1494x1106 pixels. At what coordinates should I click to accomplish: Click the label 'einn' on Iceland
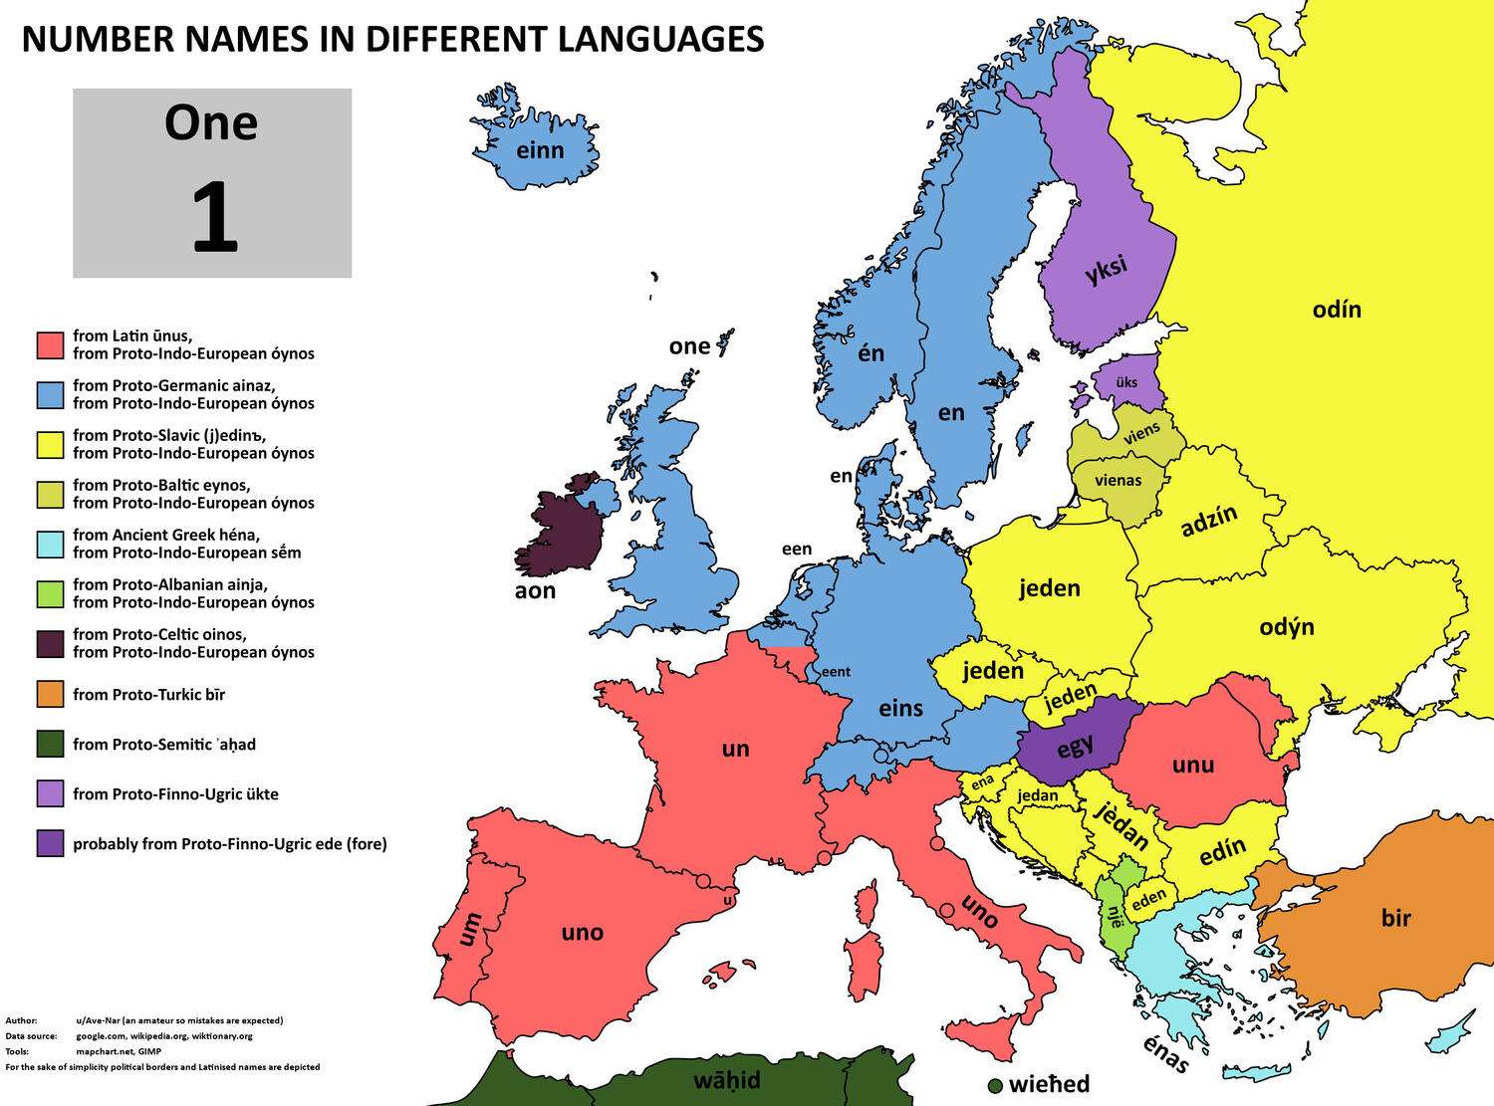pyautogui.click(x=540, y=150)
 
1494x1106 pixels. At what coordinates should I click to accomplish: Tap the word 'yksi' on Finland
pyautogui.click(x=1107, y=269)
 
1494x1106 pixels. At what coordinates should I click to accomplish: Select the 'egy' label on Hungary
pyautogui.click(x=1075, y=745)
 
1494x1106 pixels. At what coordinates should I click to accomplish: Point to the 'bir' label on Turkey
pyautogui.click(x=1395, y=917)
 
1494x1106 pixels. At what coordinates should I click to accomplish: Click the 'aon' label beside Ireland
pyautogui.click(x=535, y=590)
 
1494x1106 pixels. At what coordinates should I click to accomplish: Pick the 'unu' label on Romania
pyautogui.click(x=1192, y=765)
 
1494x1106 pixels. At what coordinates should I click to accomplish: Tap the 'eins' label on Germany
pyautogui.click(x=900, y=708)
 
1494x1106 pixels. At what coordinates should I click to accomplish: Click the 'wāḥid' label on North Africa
pyautogui.click(x=727, y=1080)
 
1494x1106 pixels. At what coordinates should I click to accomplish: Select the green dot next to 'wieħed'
pyautogui.click(x=994, y=1085)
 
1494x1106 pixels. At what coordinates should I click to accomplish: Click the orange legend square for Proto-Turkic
pyautogui.click(x=50, y=694)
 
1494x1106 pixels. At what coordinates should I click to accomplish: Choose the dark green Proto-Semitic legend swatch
pyautogui.click(x=50, y=744)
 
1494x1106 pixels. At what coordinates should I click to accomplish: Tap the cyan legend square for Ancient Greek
pyautogui.click(x=50, y=544)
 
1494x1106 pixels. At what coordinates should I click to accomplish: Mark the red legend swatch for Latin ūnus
pyautogui.click(x=50, y=344)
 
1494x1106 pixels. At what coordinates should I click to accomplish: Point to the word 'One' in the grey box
pyautogui.click(x=211, y=122)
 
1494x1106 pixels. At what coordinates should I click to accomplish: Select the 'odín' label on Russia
pyautogui.click(x=1336, y=310)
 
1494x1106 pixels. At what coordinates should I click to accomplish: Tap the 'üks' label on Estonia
pyautogui.click(x=1126, y=382)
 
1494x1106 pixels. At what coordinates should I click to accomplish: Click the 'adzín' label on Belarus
pyautogui.click(x=1209, y=521)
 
